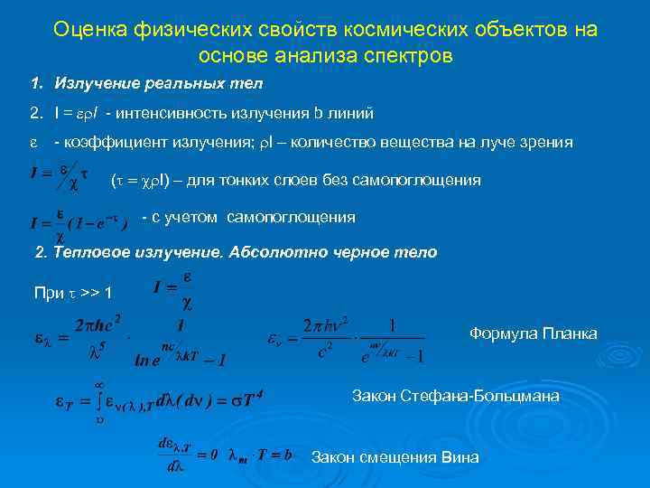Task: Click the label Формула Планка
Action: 533,333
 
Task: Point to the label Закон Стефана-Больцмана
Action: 455,396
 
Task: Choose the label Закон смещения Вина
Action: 395,457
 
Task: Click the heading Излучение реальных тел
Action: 158,84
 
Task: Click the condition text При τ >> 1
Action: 72,293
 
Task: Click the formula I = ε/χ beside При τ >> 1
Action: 172,288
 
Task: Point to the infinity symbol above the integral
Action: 98,383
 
